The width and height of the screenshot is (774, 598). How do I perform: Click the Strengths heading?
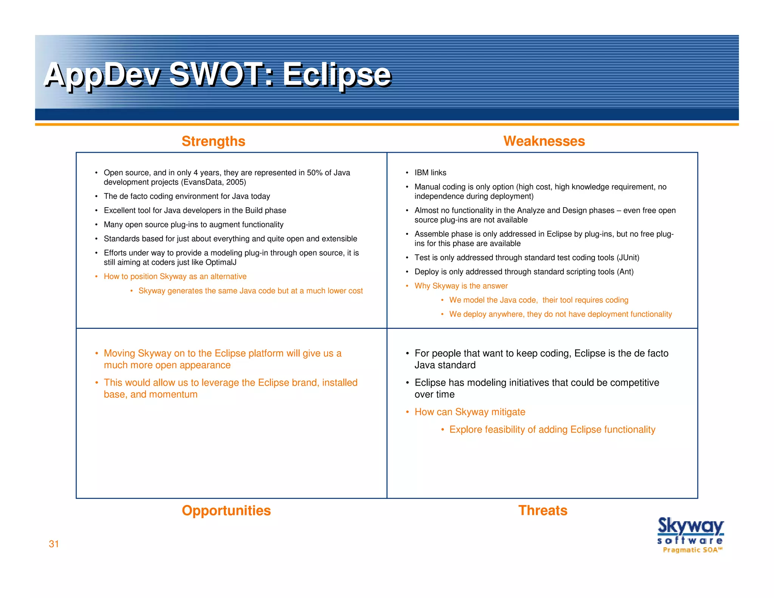(213, 141)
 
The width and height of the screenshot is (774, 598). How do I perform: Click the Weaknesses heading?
(544, 141)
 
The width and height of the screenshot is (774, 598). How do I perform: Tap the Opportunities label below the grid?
(226, 510)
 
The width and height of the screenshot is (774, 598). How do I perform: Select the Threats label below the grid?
(542, 510)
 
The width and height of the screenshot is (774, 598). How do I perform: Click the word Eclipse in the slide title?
(336, 75)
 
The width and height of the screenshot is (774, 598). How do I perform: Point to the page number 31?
(54, 544)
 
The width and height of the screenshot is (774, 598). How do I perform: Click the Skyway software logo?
(690, 534)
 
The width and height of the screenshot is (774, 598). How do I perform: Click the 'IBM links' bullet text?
(430, 173)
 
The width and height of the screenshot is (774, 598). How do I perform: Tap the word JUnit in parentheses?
(627, 258)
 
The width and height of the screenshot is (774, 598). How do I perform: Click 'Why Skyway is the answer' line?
(461, 286)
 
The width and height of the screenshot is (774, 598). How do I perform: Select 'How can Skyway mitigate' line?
(470, 412)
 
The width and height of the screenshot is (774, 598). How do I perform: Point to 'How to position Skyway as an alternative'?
(175, 276)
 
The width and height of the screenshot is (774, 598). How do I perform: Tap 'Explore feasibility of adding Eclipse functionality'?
(552, 429)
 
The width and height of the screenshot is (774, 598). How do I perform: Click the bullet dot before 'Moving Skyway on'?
(97, 353)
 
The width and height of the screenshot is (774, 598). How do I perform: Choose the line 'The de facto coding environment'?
(187, 196)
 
